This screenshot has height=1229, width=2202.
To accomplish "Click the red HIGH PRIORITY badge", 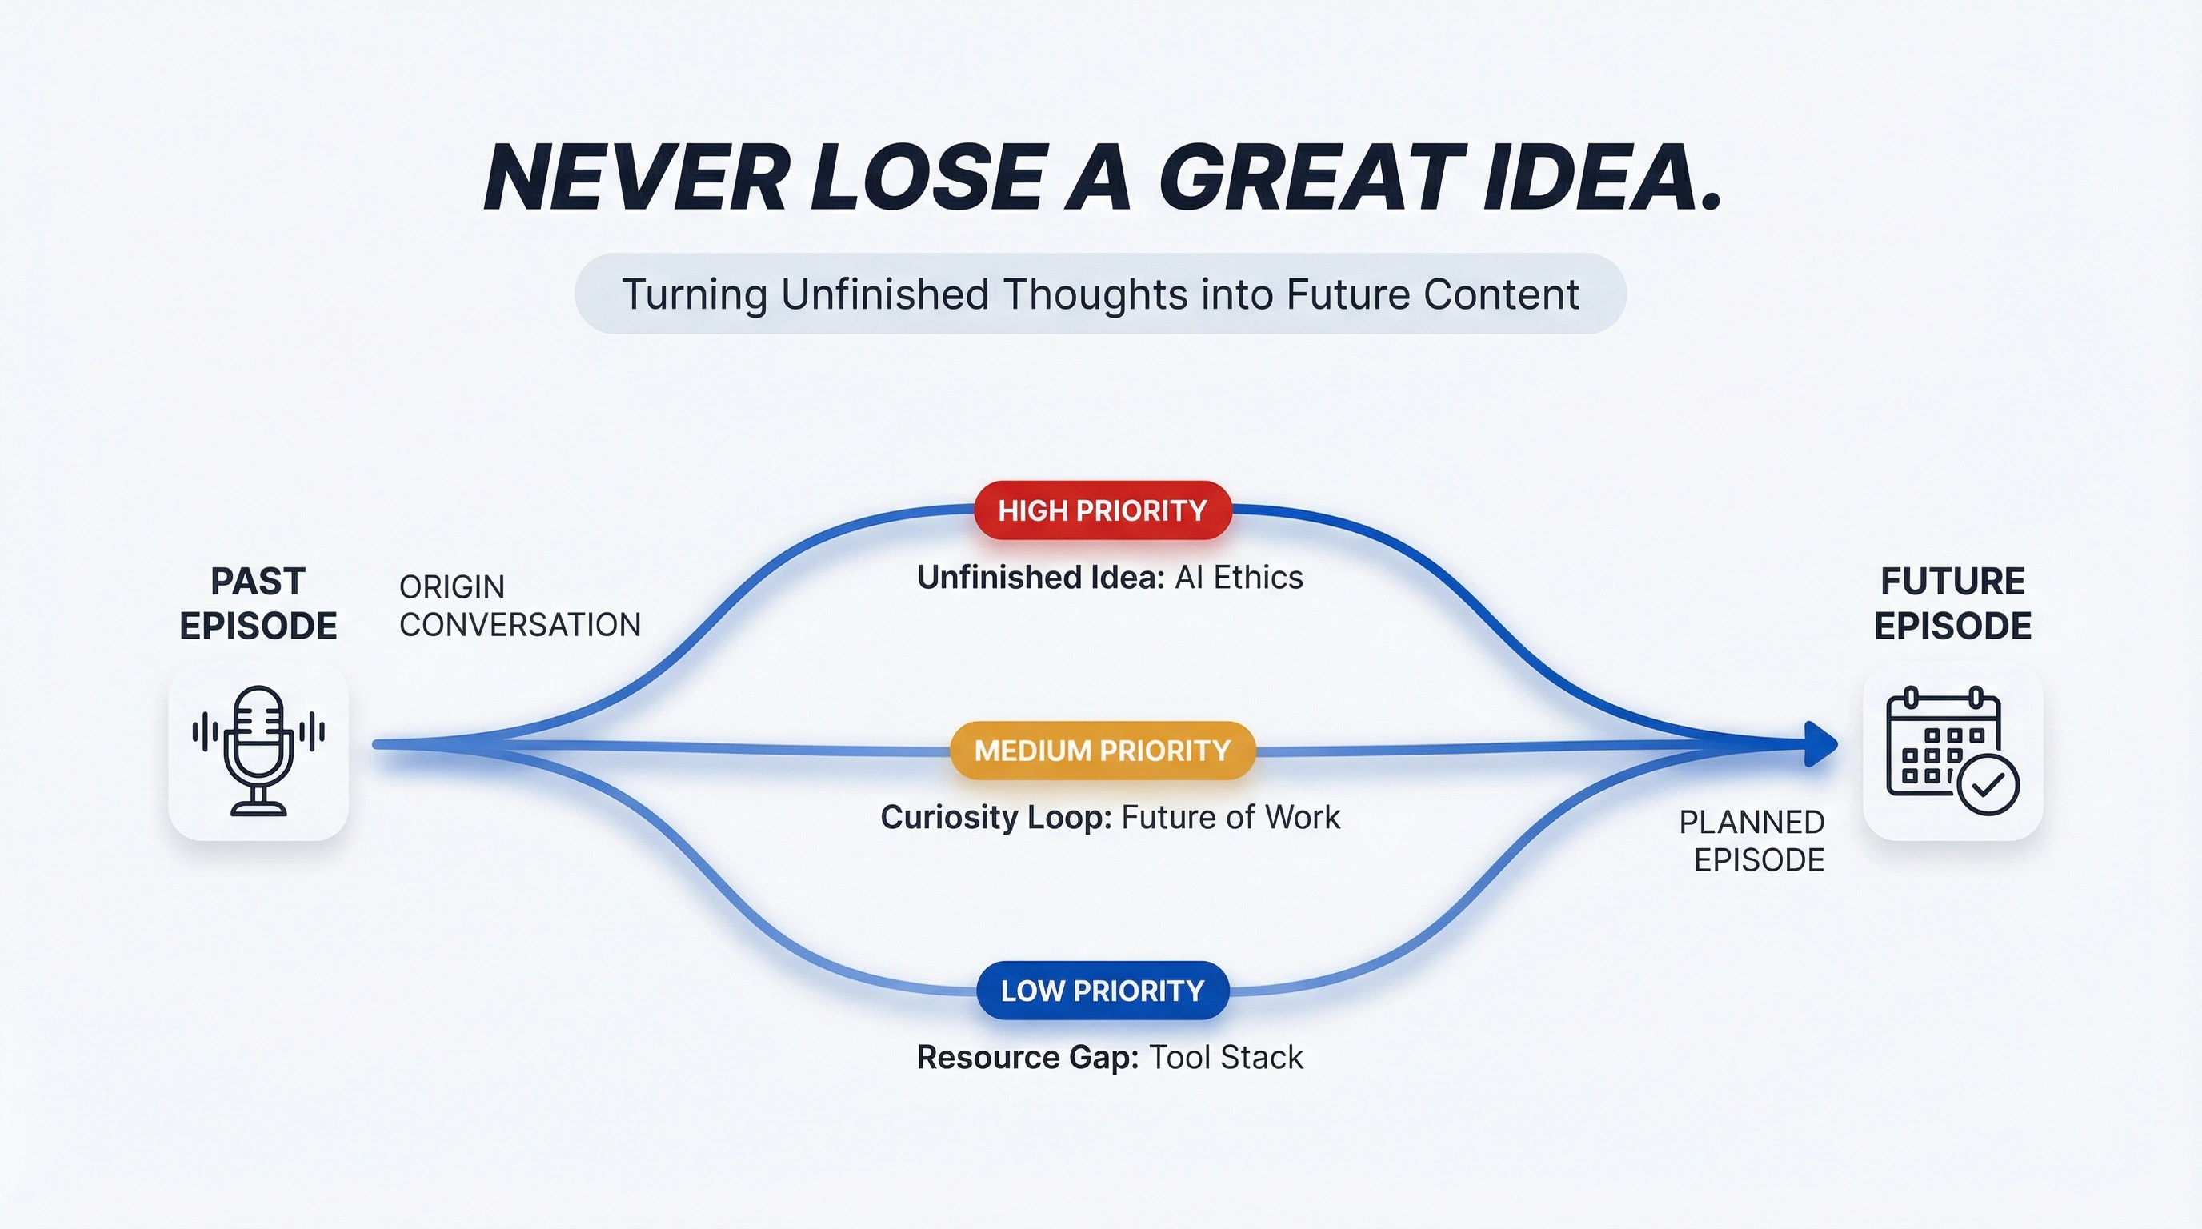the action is click(1103, 510).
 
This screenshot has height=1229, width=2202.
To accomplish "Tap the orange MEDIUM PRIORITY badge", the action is click(1103, 751).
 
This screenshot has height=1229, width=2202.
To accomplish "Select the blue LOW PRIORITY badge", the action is click(1103, 991).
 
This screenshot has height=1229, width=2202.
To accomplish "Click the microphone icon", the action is click(258, 751).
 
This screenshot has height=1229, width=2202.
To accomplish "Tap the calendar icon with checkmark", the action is click(1952, 751).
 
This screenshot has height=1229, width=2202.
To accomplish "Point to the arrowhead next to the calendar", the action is click(1821, 744).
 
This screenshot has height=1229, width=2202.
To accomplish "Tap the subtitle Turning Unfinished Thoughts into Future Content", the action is click(1100, 294).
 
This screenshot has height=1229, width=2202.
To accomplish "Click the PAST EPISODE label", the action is click(258, 603).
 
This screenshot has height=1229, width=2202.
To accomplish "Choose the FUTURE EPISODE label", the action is click(1952, 603).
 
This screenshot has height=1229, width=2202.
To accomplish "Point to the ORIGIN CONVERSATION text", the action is click(520, 606).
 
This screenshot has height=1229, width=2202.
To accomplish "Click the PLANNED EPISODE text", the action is click(1752, 841).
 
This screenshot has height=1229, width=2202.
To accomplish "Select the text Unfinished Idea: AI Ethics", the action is click(1110, 578).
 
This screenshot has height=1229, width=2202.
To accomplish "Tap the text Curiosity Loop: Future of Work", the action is click(1110, 817).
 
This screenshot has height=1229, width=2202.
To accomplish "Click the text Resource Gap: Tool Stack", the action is click(1110, 1057).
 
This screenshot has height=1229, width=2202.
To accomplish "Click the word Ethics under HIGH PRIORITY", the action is click(1259, 578).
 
